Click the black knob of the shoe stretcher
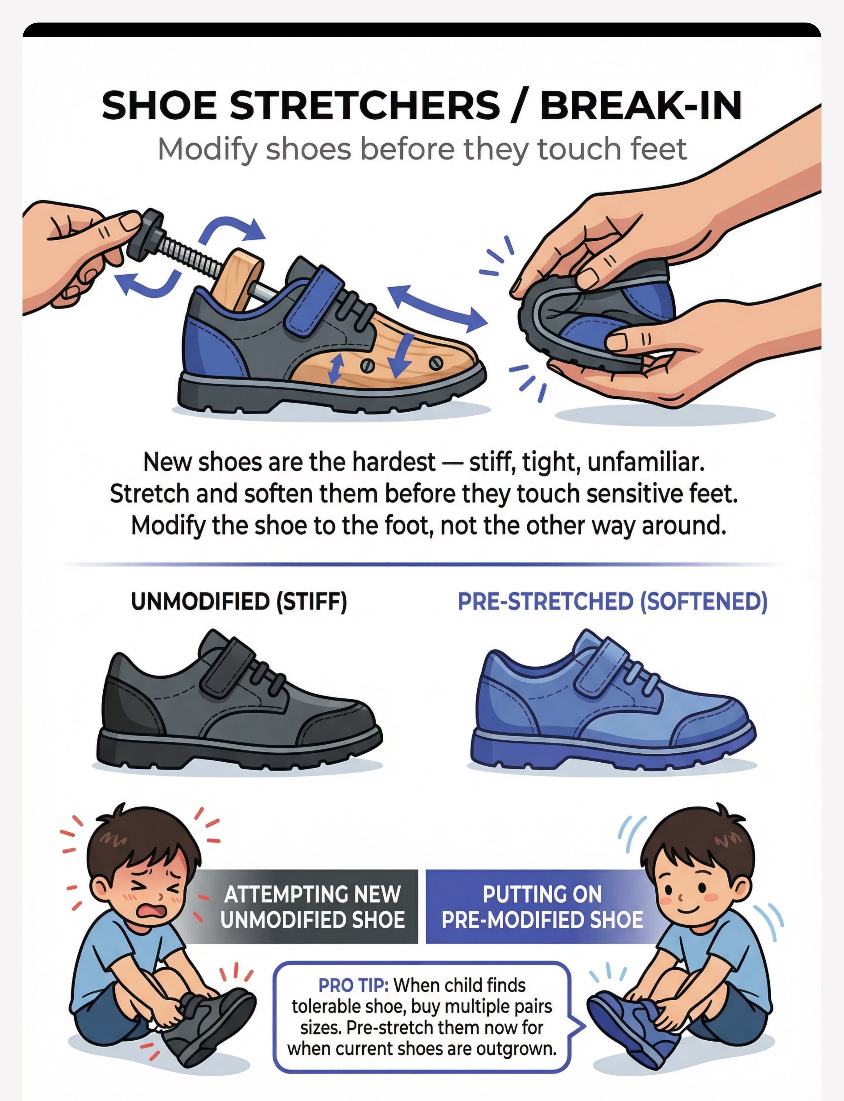tap(145, 232)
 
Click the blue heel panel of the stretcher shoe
tap(211, 347)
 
